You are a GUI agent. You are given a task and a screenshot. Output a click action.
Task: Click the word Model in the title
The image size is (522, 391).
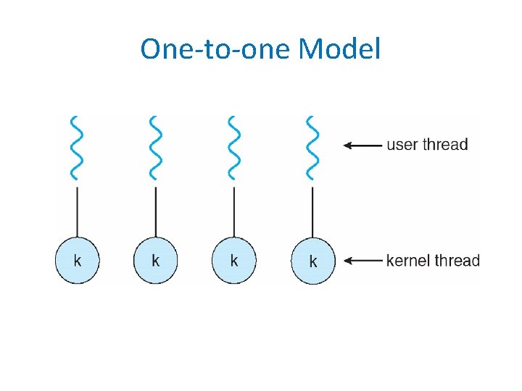pos(339,49)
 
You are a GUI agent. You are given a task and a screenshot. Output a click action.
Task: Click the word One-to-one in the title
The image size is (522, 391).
pos(216,49)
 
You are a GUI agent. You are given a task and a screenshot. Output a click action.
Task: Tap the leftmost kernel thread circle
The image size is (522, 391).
pos(77,261)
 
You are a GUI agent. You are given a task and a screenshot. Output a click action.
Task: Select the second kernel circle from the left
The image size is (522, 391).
pos(155,261)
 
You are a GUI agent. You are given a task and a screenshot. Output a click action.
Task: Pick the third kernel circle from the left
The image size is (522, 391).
pos(233,261)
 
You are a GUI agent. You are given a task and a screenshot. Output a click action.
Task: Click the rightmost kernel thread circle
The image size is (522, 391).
pos(312,261)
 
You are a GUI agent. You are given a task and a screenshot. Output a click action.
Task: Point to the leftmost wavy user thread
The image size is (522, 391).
pos(76,147)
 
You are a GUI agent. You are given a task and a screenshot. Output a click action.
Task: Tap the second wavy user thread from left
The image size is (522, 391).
pos(154,147)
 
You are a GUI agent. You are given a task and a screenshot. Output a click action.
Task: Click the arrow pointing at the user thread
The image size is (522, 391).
pos(362,146)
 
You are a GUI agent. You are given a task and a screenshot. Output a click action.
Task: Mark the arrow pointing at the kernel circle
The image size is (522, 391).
pos(362,261)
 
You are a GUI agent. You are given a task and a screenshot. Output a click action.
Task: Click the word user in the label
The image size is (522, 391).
pos(402,145)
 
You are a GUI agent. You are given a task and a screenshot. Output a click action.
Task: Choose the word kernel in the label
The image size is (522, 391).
pos(408,261)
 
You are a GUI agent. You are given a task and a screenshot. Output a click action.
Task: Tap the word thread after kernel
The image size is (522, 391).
pos(457,261)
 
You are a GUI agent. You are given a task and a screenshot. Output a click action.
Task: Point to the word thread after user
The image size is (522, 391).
pos(445,145)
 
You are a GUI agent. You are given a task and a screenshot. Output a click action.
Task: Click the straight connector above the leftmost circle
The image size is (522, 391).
pos(77,211)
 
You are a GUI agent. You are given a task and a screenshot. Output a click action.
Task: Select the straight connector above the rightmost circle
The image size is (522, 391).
pos(312,211)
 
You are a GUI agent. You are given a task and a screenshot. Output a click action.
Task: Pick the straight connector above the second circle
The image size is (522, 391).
pos(155,211)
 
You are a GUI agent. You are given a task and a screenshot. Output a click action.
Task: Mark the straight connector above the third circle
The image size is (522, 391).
pos(233,211)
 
